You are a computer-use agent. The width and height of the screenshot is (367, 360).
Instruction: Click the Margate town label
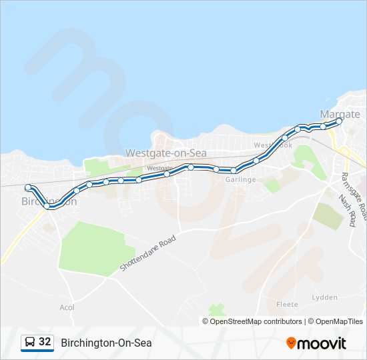[340, 114]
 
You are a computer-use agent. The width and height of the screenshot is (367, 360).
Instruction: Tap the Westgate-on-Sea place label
[166, 153]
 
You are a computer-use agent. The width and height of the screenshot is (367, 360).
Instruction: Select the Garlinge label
[241, 180]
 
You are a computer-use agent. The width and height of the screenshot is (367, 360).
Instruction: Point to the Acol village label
[67, 307]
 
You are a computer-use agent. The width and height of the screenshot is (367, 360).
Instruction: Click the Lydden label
[324, 297]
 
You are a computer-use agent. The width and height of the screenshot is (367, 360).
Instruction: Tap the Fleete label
[287, 305]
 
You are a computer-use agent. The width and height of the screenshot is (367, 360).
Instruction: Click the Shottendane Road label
[148, 252]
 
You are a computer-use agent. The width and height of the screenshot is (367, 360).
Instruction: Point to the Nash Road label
[346, 211]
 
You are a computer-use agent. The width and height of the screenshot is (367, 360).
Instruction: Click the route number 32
[45, 342]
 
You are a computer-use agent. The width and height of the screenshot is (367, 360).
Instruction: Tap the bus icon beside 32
[30, 343]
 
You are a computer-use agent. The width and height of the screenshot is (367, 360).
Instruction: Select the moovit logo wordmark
[322, 343]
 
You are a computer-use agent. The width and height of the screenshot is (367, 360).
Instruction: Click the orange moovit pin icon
[291, 343]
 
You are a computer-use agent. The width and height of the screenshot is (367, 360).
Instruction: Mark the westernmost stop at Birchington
[28, 187]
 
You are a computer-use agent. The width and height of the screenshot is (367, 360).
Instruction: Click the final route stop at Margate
[339, 121]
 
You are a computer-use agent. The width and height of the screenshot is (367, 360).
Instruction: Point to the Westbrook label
[273, 145]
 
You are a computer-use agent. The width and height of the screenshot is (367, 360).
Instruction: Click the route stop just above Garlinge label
[234, 171]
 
